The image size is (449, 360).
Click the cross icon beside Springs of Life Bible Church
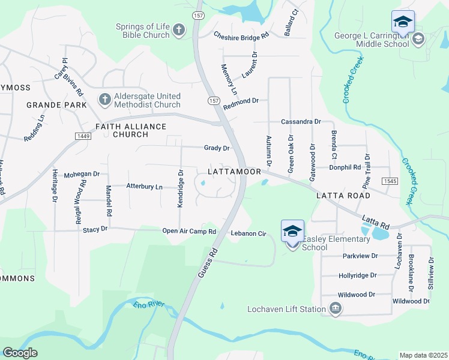pyautogui.click(x=178, y=29)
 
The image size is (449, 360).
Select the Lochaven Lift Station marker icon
pyautogui.click(x=336, y=309)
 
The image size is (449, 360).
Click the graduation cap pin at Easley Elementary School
pyautogui.click(x=292, y=231)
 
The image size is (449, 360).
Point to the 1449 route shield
pyautogui.click(x=83, y=137)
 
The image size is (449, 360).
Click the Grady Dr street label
pyautogui.click(x=217, y=148)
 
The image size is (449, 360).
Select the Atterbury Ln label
pyautogui.click(x=144, y=187)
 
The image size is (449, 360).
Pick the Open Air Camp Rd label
pyautogui.click(x=189, y=231)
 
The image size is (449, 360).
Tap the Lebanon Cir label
pyautogui.click(x=248, y=233)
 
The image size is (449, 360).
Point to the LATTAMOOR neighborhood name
pyautogui.click(x=234, y=172)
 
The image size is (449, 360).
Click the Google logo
pyautogui.click(x=20, y=353)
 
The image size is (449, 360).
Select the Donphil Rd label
pyautogui.click(x=349, y=167)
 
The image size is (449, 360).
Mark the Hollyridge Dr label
pyautogui.click(x=357, y=275)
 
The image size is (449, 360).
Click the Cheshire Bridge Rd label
pyautogui.click(x=241, y=36)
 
